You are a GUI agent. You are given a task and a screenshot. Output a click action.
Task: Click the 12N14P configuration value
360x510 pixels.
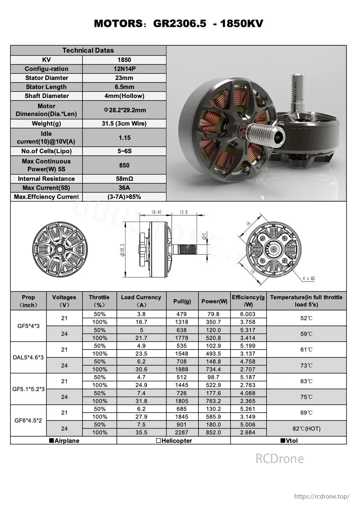click(x=124, y=69)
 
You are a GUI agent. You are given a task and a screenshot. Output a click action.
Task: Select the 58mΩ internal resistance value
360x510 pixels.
click(x=124, y=179)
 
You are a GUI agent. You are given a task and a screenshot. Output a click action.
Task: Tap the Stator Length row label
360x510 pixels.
click(x=46, y=87)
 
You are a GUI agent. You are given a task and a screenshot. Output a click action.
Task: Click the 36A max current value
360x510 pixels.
click(x=124, y=188)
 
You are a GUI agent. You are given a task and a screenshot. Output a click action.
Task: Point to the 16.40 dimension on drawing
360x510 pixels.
click(x=156, y=212)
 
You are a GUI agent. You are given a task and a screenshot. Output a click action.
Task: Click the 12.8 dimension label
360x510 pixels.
click(x=184, y=212)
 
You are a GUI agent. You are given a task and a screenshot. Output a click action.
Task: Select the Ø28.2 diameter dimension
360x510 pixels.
click(x=123, y=250)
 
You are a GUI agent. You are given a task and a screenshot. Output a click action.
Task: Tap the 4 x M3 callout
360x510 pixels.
click(x=309, y=279)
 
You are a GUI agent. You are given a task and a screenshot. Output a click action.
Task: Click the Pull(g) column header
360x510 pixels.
click(x=182, y=301)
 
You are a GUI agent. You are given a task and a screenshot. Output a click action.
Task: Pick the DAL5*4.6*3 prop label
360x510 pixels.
click(x=28, y=358)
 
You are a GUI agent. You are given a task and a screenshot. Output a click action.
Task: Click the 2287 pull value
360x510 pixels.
click(x=182, y=433)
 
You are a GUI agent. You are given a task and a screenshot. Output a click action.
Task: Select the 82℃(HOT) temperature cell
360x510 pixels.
click(x=306, y=429)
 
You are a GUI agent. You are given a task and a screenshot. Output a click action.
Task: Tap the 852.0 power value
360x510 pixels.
click(x=213, y=433)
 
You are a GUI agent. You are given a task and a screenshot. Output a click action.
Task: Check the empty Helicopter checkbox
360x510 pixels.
click(x=158, y=441)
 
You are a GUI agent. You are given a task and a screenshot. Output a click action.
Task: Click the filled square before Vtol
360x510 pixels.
click(x=282, y=441)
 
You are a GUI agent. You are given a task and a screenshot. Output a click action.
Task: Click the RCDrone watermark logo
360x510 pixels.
click(x=280, y=459)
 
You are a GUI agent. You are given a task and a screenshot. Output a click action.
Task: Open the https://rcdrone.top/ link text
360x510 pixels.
click(x=322, y=496)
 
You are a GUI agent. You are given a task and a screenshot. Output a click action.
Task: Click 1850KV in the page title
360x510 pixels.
click(x=241, y=24)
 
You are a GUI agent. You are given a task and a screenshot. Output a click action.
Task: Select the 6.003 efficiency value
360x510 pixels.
click(x=248, y=314)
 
